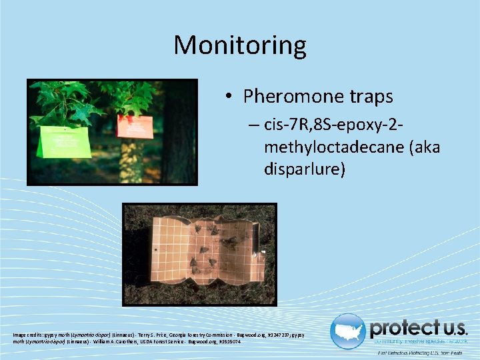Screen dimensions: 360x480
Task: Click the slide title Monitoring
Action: coord(240,45)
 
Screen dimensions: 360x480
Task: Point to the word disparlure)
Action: coord(305,169)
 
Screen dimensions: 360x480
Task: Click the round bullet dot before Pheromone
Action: coord(229,97)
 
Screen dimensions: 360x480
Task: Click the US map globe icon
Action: coord(348,331)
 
